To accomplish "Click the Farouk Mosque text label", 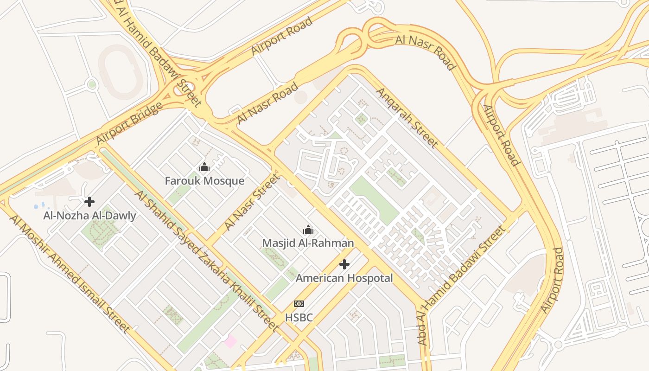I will point(204,180).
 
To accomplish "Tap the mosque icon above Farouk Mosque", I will point(204,167).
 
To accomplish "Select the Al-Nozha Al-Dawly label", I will point(89,216).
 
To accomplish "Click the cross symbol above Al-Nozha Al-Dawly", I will point(89,202).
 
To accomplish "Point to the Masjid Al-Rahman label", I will point(308,243).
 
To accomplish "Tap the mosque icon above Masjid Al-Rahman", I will point(308,230).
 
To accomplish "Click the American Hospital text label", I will point(344,278).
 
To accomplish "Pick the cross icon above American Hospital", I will point(344,264).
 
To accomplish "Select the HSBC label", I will point(299,318).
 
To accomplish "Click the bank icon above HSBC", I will point(299,304).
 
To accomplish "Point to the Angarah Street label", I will point(406,117).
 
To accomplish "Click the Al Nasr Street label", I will point(252,202).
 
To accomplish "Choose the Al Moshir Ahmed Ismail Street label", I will point(70,274).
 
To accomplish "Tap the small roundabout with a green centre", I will point(92,84).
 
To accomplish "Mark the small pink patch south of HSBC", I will point(230,342).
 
